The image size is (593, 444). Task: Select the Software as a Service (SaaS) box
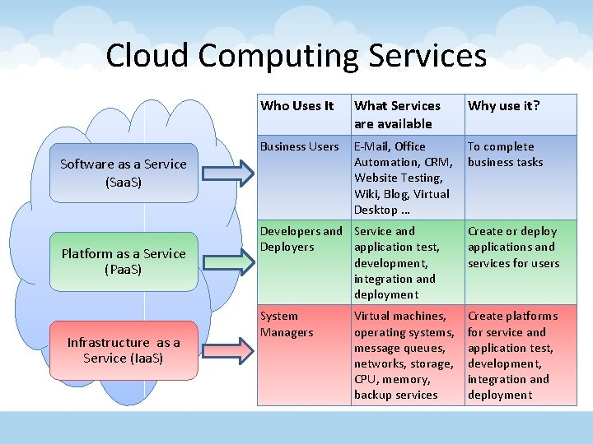click(x=124, y=172)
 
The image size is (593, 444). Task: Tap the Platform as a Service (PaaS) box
click(x=124, y=261)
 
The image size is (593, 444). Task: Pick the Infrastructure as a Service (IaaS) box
click(x=124, y=350)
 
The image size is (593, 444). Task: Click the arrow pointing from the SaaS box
click(x=226, y=172)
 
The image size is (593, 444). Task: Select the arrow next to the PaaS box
click(x=226, y=261)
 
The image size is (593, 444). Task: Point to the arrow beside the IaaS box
click(x=226, y=350)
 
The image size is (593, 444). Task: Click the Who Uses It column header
click(x=297, y=105)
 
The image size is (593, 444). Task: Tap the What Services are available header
click(x=397, y=114)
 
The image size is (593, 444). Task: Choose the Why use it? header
click(x=504, y=105)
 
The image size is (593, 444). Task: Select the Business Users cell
click(x=300, y=146)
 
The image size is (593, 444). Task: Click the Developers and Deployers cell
click(x=301, y=238)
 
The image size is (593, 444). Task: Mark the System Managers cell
click(x=287, y=324)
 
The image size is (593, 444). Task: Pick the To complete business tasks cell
click(x=505, y=154)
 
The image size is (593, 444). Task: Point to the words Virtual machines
click(x=400, y=316)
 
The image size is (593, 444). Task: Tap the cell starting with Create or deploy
click(x=513, y=247)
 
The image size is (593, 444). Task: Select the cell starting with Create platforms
click(x=512, y=355)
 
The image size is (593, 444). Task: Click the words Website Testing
click(x=398, y=178)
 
